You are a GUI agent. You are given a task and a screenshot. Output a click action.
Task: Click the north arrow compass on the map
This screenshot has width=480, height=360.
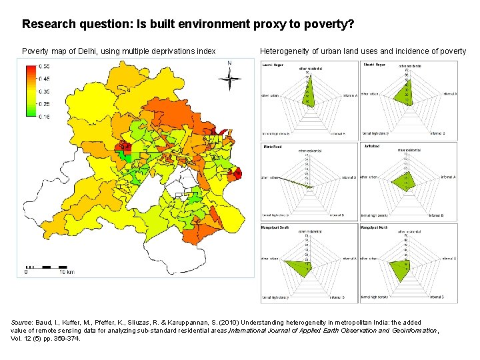click(x=229, y=77)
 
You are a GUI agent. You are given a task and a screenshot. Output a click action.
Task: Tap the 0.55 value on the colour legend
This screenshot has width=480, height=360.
click(x=43, y=67)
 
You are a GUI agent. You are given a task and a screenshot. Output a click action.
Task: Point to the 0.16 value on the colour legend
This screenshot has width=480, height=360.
click(x=43, y=117)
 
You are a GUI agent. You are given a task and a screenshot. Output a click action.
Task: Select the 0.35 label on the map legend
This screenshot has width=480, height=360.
click(x=43, y=91)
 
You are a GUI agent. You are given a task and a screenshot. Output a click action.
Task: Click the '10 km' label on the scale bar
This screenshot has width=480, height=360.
click(x=66, y=272)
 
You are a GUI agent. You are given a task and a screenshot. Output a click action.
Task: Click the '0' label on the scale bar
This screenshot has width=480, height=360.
click(x=26, y=272)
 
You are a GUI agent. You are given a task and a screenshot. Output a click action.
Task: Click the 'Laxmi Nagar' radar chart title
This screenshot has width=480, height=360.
click(x=272, y=65)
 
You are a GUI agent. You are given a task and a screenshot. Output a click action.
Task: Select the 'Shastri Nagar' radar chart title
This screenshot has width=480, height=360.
click(x=374, y=65)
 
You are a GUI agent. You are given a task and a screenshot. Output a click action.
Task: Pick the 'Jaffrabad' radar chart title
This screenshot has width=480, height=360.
click(x=370, y=145)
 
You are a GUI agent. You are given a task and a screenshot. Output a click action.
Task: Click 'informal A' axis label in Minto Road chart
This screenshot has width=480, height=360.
click(x=349, y=177)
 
